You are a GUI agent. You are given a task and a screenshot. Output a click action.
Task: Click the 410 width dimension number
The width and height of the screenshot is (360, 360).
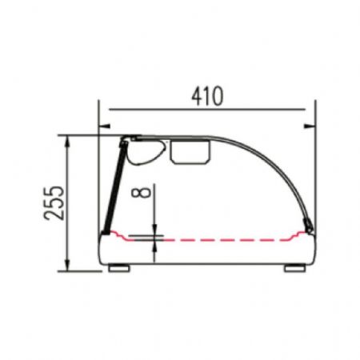point(207,96)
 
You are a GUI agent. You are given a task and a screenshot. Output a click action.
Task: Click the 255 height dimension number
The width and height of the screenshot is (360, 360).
point(54,203)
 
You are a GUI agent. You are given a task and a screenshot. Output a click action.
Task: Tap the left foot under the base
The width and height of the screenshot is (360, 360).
point(119,268)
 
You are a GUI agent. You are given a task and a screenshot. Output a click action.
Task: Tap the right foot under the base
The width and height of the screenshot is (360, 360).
point(294,268)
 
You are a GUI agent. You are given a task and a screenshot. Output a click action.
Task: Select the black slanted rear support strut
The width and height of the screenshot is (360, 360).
point(115,187)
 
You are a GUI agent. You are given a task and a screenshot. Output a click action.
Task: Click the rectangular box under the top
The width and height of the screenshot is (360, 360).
point(190,152)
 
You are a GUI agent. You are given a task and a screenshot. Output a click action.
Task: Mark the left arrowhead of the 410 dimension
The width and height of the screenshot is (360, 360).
point(105,126)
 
